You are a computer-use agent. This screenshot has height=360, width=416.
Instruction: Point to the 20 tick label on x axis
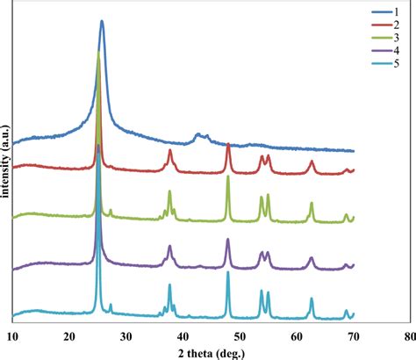(69, 335)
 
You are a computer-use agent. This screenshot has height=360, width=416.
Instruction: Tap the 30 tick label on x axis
(126, 335)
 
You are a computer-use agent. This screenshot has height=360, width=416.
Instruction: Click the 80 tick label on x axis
(408, 335)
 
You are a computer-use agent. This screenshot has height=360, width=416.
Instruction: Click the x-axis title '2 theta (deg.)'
(212, 351)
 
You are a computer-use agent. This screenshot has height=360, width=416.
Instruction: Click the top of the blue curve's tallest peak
(102, 22)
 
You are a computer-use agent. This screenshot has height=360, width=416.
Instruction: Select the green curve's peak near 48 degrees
(228, 177)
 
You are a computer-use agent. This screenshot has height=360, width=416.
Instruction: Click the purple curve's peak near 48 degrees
(228, 240)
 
